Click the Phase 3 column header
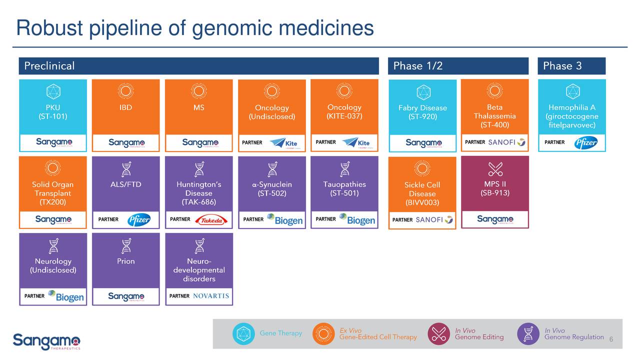coord(562,66)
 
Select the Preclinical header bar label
coord(49,66)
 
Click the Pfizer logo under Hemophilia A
coord(585,142)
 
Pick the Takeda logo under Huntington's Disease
coord(211,220)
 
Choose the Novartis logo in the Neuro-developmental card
coord(210,296)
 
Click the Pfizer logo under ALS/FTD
coord(138,220)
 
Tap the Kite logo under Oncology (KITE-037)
coord(356,143)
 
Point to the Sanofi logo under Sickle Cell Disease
coord(434,219)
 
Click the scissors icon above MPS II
coord(495,169)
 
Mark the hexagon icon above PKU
coord(53,91)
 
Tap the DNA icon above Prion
coord(126,245)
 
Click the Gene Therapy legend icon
coord(243,334)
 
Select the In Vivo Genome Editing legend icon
coord(439,334)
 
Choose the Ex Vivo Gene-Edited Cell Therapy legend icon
coord(323,334)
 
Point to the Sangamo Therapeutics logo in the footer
coord(46,341)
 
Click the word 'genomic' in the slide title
coord(232,28)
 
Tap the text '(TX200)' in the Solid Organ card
coord(52,202)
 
